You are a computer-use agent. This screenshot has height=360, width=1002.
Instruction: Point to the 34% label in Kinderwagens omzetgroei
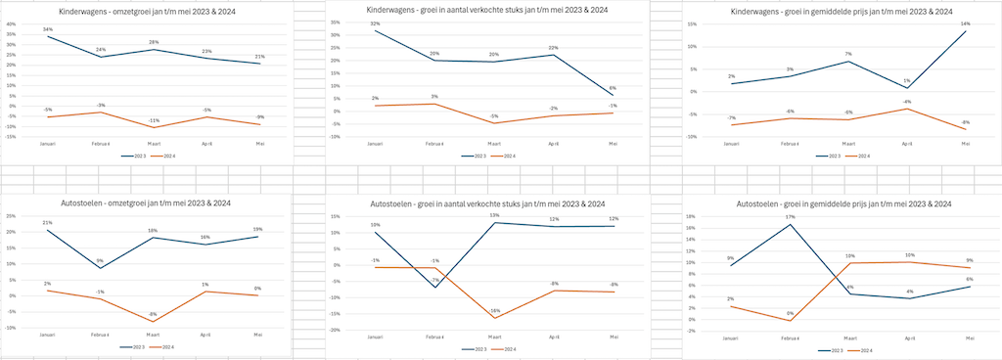tap(48, 30)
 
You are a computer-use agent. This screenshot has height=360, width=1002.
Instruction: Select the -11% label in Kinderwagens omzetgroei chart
tap(154, 120)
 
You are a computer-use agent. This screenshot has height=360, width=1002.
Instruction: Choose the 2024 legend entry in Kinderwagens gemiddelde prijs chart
tap(861, 156)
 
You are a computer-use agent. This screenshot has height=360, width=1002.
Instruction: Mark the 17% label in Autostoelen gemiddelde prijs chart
tap(790, 217)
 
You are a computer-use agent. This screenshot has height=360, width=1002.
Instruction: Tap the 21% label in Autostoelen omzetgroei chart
tap(48, 222)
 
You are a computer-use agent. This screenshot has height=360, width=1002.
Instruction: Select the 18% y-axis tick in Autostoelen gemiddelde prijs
tap(691, 216)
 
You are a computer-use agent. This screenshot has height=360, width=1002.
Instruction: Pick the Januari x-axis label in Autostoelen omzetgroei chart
tap(48, 336)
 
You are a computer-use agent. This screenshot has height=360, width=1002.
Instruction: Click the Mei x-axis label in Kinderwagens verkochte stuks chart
tap(614, 144)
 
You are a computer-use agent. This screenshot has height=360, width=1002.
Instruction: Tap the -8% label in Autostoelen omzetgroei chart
tap(154, 314)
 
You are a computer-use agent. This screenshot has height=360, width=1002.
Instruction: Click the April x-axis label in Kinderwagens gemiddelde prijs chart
tap(907, 144)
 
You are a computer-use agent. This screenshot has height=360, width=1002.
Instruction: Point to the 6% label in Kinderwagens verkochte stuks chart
tap(614, 89)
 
